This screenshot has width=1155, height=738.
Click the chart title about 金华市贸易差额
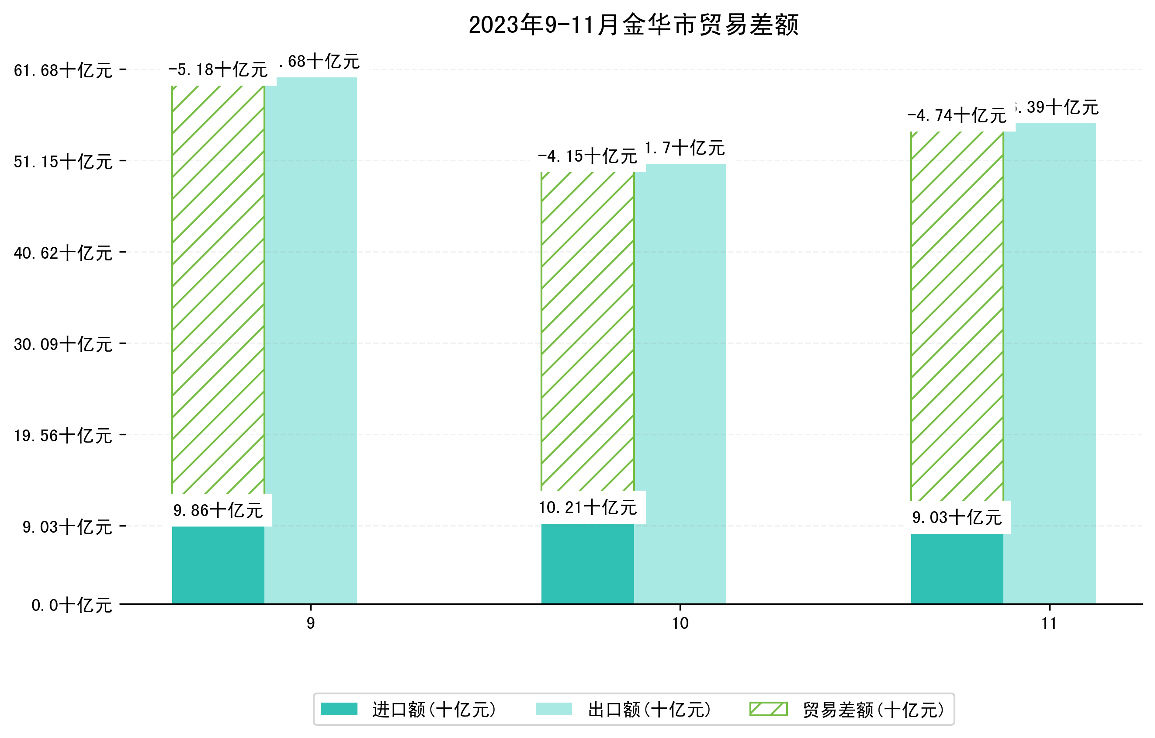[633, 25]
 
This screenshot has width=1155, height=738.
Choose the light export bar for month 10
[680, 384]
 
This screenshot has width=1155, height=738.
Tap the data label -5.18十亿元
[218, 70]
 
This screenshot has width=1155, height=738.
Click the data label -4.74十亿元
[957, 115]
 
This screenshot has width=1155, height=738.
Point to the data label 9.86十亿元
[218, 511]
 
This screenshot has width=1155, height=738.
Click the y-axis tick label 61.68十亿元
[63, 70]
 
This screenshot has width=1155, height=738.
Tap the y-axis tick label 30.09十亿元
[63, 344]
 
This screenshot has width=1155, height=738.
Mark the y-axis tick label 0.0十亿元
[72, 605]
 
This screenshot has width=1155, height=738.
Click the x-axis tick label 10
[680, 624]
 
